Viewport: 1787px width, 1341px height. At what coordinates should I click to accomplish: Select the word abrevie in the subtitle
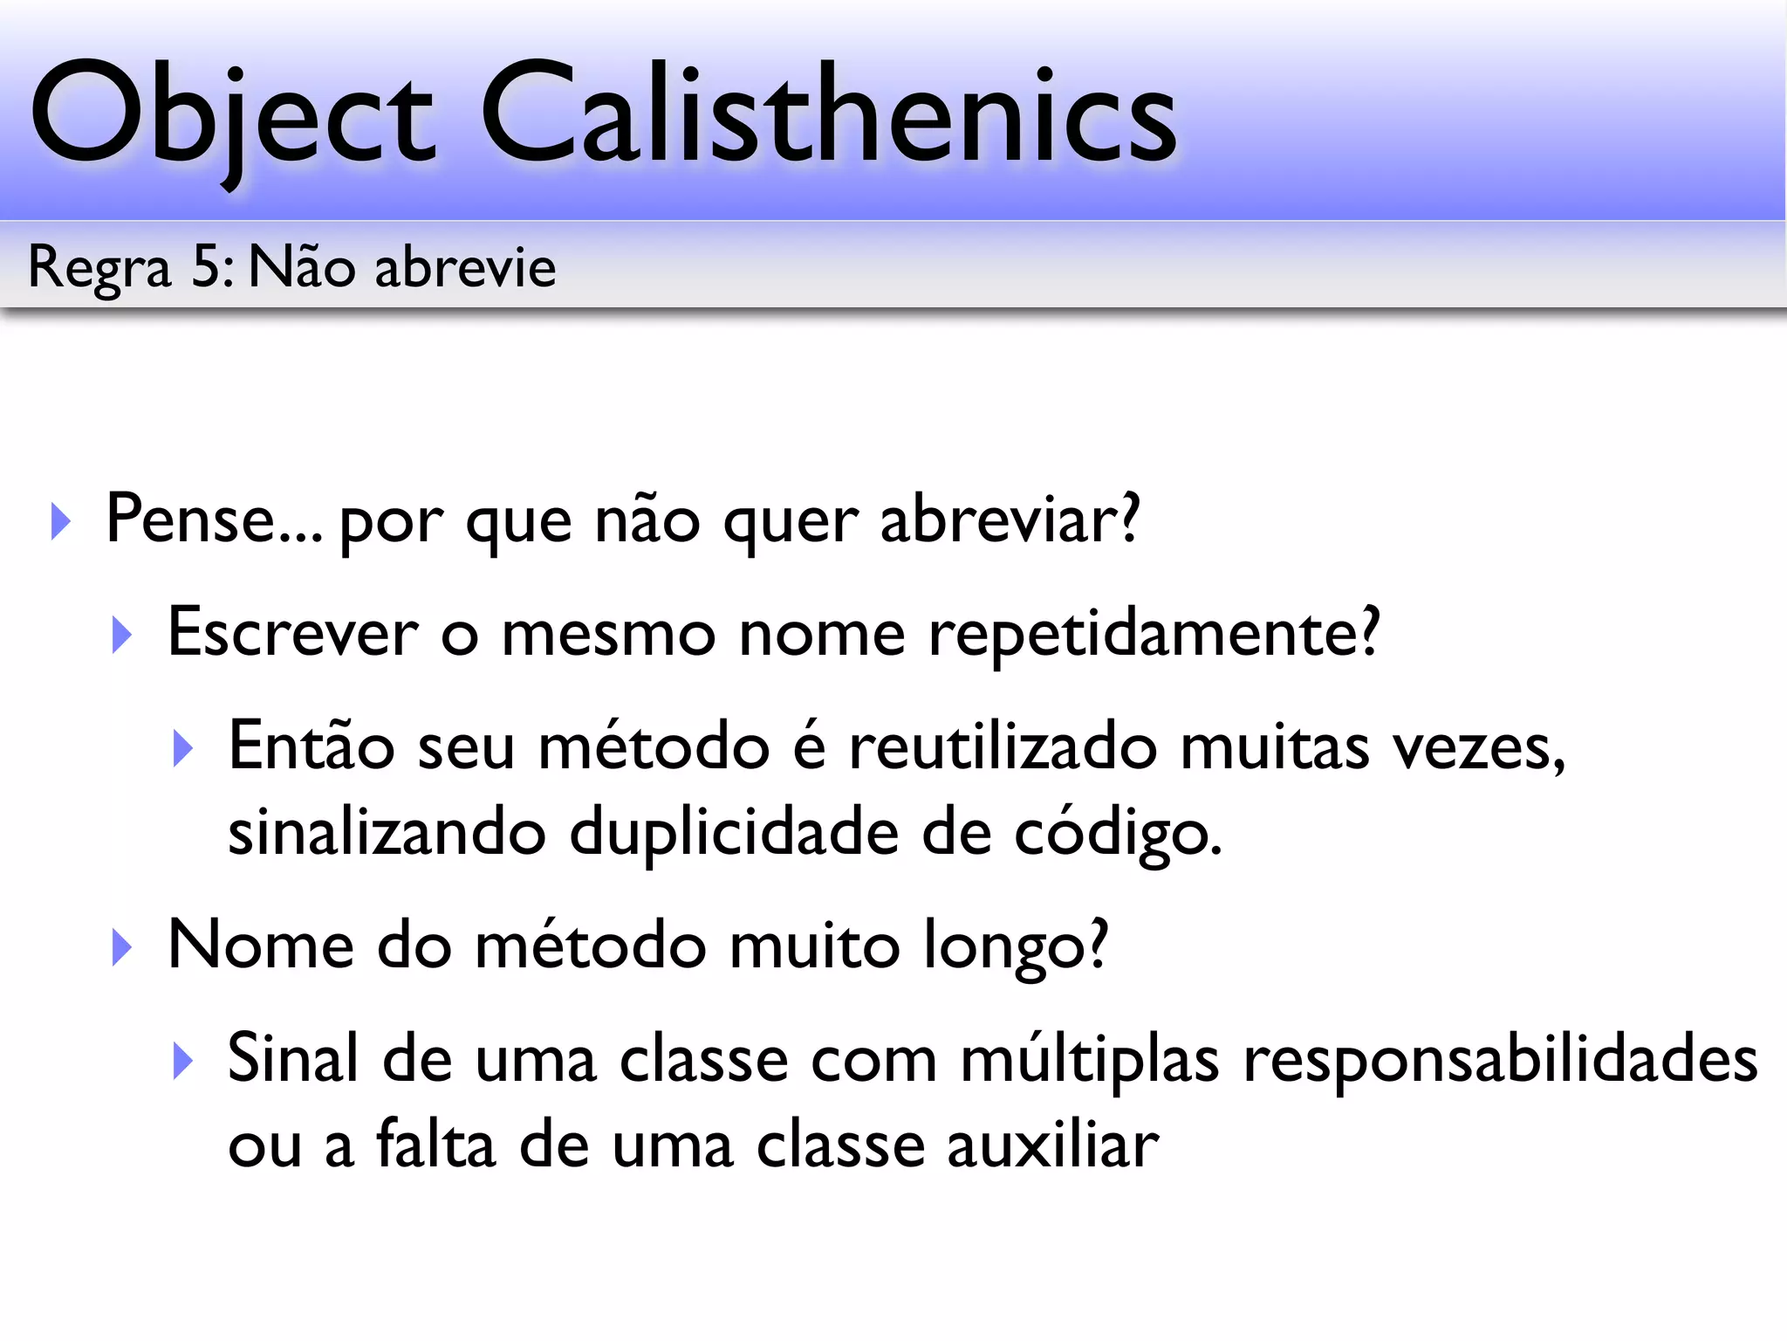[x=465, y=266]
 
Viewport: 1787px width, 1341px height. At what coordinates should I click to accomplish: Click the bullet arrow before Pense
[x=61, y=521]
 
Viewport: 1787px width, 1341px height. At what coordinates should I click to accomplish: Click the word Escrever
[x=292, y=632]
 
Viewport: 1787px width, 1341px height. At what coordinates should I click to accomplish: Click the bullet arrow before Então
[x=182, y=748]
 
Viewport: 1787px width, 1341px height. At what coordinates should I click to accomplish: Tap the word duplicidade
[x=734, y=832]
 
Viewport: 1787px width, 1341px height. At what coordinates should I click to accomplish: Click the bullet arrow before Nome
[x=122, y=948]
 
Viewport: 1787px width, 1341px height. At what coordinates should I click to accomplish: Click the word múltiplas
[x=1090, y=1060]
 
